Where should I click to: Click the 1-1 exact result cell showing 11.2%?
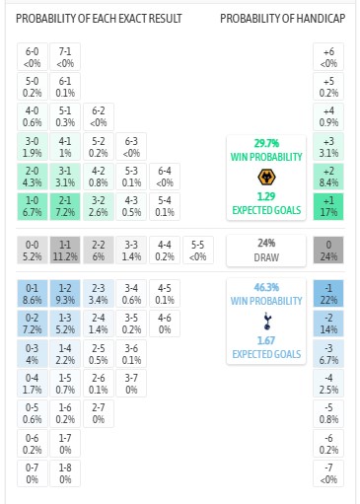(65, 250)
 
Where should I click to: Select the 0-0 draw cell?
(32, 250)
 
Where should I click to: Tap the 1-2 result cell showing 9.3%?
(65, 293)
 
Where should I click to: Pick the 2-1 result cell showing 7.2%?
(65, 206)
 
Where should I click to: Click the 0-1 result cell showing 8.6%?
(32, 293)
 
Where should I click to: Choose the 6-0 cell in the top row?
(32, 55)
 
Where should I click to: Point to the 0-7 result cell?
(32, 472)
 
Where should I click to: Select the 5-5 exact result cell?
(198, 250)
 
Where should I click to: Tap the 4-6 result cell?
(165, 324)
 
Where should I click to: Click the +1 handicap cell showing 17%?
(328, 206)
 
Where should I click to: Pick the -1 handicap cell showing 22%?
(328, 293)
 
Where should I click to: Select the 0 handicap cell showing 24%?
(328, 250)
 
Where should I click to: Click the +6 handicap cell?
(328, 55)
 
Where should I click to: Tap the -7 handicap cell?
(328, 472)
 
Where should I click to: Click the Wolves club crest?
(264, 178)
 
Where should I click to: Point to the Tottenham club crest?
(264, 321)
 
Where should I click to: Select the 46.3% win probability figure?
(264, 285)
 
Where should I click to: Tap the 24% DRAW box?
(264, 250)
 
